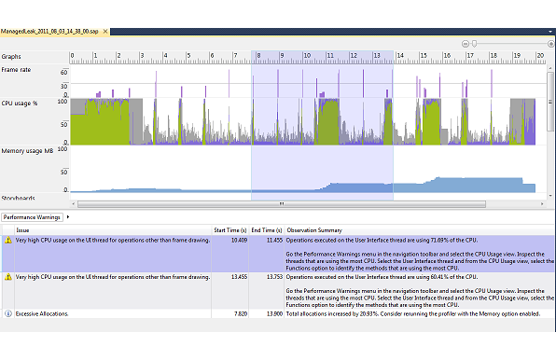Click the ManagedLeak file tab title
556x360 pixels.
click(50, 31)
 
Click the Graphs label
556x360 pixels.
click(13, 56)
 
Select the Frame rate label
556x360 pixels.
click(17, 70)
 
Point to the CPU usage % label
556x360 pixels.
click(21, 104)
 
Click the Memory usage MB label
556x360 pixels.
click(26, 150)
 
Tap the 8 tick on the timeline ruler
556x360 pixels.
click(258, 56)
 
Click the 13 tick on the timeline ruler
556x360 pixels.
click(376, 56)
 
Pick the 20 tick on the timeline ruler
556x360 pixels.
click(539, 56)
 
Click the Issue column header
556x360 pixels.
click(22, 229)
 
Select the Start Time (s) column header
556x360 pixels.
click(230, 229)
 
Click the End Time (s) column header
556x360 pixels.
click(266, 229)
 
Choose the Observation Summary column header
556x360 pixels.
click(313, 229)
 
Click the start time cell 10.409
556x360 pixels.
click(237, 240)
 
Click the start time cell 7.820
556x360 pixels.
click(239, 313)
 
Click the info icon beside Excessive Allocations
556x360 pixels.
click(7, 313)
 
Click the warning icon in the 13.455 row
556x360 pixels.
click(7, 277)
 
